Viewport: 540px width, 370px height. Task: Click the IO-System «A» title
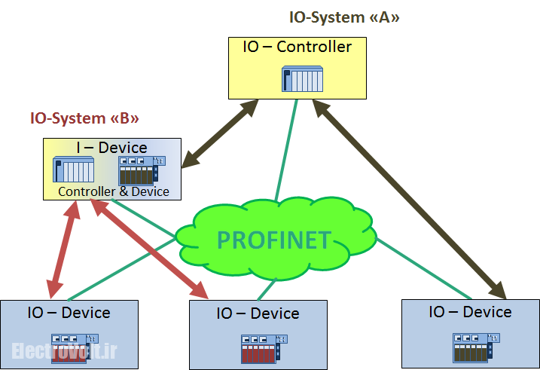coord(344,17)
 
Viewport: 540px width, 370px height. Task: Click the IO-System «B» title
coord(84,118)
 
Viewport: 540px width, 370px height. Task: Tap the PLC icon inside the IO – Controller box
coord(302,79)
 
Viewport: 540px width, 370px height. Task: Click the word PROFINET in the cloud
coord(273,240)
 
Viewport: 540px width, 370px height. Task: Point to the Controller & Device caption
coord(114,191)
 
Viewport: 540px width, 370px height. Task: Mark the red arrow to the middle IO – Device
coord(151,249)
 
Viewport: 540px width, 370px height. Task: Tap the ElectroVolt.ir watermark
coord(63,350)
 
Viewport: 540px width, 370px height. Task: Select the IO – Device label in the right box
coord(470,312)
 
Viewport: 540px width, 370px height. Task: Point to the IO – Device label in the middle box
coord(258,313)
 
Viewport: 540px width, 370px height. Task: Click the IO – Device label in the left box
coord(69,313)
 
